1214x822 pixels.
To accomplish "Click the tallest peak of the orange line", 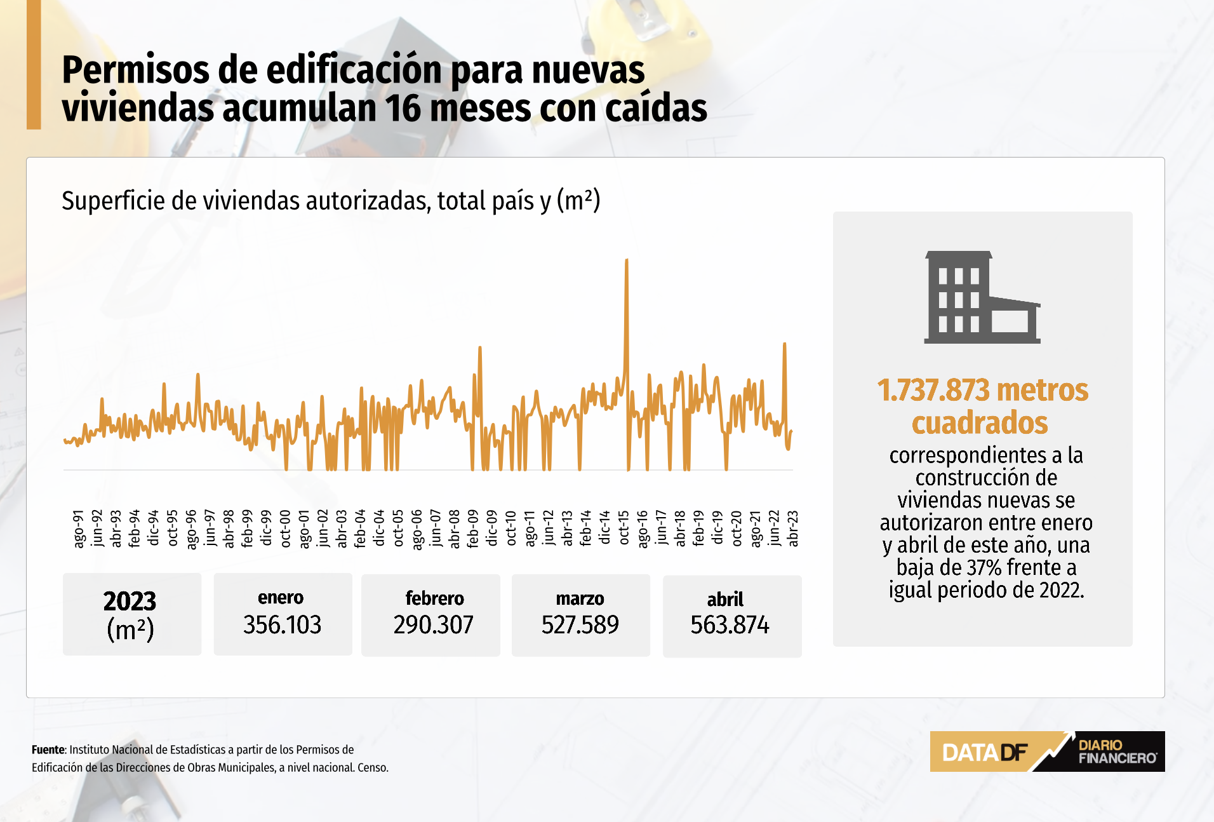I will point(627,260).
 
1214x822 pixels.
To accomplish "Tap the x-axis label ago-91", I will point(78,528).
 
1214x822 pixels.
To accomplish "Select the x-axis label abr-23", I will point(792,528).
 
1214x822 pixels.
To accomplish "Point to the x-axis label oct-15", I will point(624,528).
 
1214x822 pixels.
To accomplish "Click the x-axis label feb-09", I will point(473,528).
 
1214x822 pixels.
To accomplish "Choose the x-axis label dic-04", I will point(379,528).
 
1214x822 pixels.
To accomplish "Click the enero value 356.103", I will point(283,625).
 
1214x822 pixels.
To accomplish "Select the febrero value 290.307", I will point(433,625).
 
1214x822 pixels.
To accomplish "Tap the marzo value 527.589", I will point(580,625).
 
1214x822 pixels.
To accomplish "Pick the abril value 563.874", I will point(730,625).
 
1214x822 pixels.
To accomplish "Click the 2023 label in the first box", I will point(130,601).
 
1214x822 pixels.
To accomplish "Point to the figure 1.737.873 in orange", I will point(933,391).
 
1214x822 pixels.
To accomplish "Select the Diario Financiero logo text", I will point(1117,751).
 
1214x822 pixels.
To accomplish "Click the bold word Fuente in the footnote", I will point(48,750).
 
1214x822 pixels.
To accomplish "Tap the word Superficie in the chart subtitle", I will point(114,201).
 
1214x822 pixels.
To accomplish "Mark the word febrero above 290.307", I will point(434,598).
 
